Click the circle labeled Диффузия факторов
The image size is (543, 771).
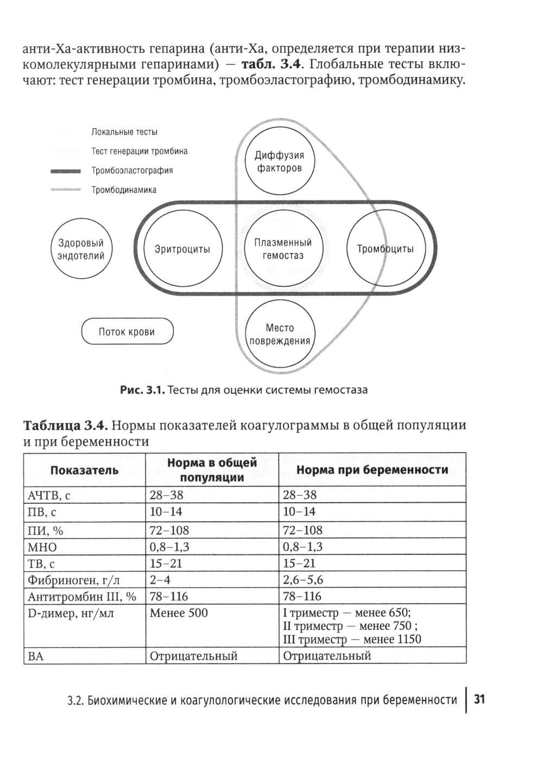[x=279, y=162]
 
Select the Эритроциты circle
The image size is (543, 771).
[x=182, y=249]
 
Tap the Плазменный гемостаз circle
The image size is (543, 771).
[x=283, y=249]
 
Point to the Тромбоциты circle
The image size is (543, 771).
[x=385, y=249]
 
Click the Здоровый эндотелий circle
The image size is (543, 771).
[x=81, y=249]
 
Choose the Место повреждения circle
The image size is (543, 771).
[x=280, y=334]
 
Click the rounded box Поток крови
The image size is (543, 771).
[x=127, y=332]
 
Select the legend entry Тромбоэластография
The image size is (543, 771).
[x=132, y=170]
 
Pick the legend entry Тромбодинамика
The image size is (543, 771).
[x=124, y=190]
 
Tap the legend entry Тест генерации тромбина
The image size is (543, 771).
[x=140, y=151]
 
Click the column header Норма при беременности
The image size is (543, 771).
[x=372, y=470]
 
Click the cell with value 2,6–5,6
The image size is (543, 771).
[x=303, y=580]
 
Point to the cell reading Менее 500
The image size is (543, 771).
[x=179, y=613]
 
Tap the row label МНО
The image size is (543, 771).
[x=42, y=547]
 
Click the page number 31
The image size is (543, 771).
[x=479, y=699]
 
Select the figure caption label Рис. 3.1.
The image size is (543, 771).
[x=142, y=390]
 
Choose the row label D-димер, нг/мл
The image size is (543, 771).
[x=71, y=614]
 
